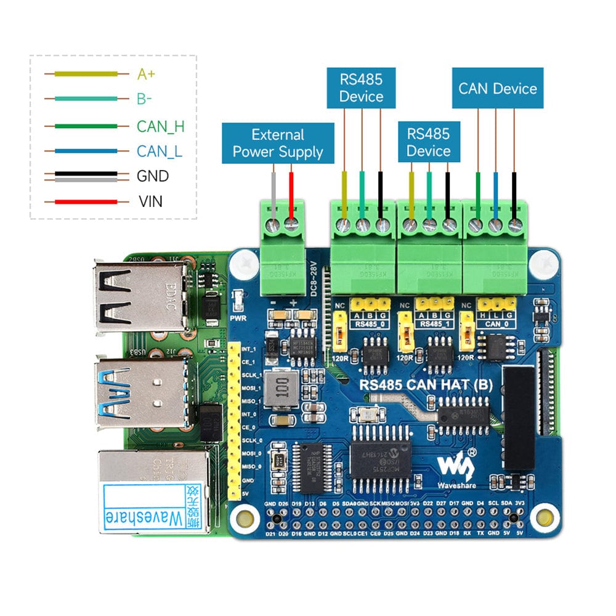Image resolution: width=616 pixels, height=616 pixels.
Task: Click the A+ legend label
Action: point(146,75)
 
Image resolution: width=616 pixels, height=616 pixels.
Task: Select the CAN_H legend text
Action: point(160,127)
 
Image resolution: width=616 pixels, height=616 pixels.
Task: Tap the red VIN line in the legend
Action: point(86,201)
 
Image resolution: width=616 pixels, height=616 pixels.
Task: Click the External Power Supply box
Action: point(278,144)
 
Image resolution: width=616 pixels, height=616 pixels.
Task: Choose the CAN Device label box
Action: point(497,89)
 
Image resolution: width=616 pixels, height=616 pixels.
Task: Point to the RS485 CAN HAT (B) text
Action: point(426,385)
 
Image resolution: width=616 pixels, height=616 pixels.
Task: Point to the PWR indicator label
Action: point(237,319)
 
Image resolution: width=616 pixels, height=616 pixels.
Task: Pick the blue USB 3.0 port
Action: point(140,392)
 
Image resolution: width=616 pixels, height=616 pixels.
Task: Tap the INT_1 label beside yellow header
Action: point(249,349)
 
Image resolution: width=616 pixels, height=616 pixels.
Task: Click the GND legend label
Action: point(152,176)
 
